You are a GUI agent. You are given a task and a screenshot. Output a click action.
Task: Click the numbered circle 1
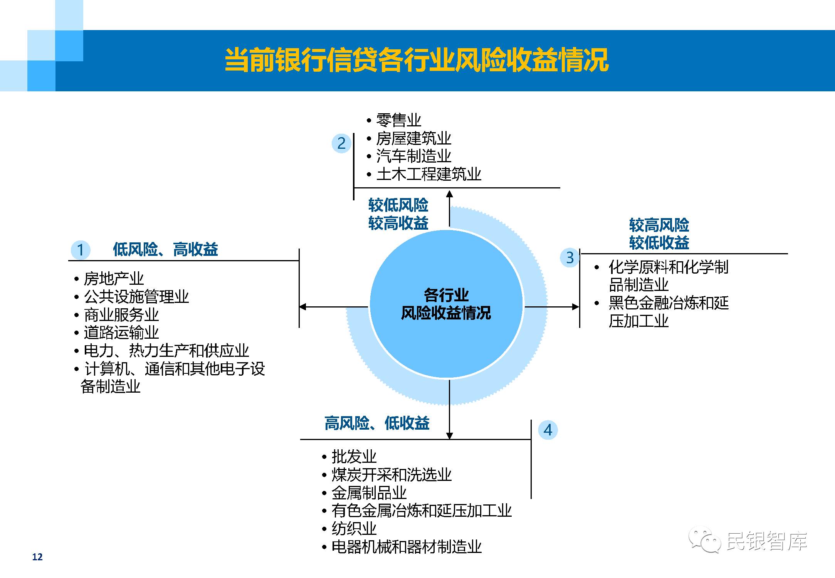point(81,250)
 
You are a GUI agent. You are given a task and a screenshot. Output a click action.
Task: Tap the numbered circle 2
point(341,143)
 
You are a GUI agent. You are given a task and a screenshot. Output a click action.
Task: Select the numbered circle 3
point(570,257)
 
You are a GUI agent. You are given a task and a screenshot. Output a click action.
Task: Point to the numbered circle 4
point(548,430)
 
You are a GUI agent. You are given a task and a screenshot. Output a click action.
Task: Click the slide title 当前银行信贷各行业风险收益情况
point(417,60)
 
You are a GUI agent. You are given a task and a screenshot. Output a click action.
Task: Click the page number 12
point(37,557)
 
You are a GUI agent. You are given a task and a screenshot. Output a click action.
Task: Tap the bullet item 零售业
point(398,120)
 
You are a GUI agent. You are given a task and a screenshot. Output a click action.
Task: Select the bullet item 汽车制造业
point(413,156)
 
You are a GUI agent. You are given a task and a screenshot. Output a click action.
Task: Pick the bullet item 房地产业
point(114,279)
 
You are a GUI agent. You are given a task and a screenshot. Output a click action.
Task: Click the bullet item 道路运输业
point(121,333)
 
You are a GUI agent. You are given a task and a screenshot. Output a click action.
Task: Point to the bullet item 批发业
point(354,457)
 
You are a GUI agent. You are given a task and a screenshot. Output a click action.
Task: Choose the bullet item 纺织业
point(354,529)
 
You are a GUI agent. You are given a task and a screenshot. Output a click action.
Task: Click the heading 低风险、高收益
point(165,249)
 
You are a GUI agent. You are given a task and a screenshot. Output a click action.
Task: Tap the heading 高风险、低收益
point(377,423)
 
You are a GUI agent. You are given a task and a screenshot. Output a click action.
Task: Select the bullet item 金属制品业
point(369,493)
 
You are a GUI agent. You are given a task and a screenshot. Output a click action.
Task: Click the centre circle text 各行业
point(446,295)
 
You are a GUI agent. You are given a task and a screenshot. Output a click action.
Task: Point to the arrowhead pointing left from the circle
point(303,307)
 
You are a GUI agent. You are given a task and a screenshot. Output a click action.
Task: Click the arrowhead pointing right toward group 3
point(576,307)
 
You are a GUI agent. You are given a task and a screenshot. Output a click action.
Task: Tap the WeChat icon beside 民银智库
point(704,540)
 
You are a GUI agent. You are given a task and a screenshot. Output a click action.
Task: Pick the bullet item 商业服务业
point(121,315)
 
